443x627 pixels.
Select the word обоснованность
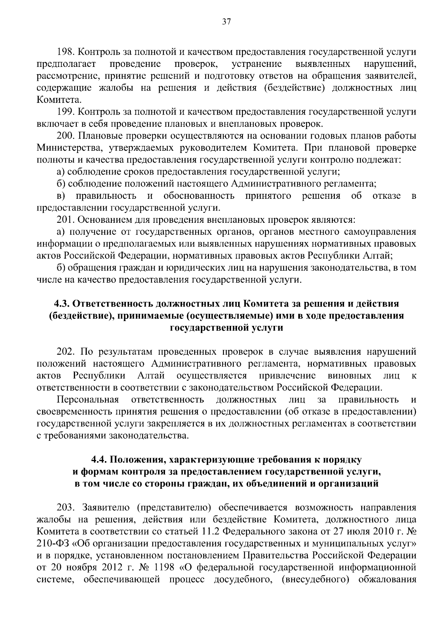[199, 196]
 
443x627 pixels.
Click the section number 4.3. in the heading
[62, 304]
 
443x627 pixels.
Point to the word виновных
[349, 376]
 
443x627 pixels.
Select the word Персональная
[87, 400]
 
